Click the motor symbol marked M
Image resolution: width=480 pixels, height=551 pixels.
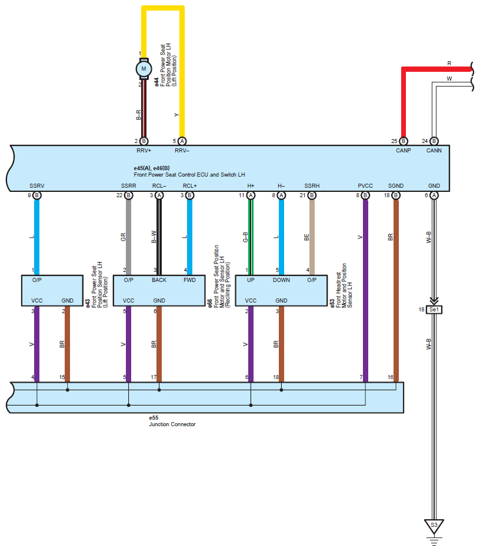tap(144, 68)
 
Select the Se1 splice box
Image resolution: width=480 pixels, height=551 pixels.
tap(434, 310)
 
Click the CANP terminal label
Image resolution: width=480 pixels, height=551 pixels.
tap(404, 150)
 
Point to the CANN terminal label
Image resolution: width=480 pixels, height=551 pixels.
tap(434, 150)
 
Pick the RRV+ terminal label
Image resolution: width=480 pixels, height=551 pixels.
tap(144, 150)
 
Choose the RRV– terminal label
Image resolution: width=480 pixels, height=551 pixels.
tap(182, 150)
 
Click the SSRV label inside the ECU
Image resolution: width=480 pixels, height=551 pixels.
tap(37, 186)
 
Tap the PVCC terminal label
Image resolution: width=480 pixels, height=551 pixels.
tap(365, 186)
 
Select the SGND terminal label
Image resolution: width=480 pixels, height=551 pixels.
tap(396, 186)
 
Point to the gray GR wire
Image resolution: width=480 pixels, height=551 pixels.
tap(128, 237)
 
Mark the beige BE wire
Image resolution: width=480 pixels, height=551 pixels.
tap(312, 237)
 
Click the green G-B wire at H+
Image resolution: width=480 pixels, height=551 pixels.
tap(251, 237)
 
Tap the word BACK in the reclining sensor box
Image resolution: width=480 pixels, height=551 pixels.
tap(159, 280)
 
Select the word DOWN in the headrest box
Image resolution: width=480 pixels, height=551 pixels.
tap(281, 280)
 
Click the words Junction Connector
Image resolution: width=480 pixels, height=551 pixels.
tap(172, 424)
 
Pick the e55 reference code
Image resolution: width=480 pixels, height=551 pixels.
tap(154, 418)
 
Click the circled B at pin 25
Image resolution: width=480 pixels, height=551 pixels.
tap(404, 141)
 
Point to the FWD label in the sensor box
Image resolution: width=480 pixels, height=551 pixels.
tap(189, 280)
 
